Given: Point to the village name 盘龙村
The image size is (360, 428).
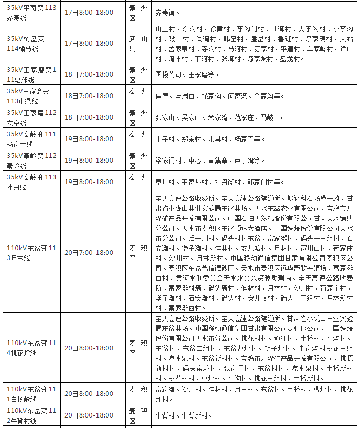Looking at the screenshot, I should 291,59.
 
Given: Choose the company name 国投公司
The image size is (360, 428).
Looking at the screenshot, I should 168,75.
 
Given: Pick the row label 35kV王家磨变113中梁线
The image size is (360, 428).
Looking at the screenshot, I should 31,96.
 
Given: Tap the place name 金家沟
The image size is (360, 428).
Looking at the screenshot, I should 266,97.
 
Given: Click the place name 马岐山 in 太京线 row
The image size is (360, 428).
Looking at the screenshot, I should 272,117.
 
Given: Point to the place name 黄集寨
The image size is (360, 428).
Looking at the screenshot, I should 217,160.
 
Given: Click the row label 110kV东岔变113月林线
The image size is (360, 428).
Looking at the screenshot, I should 31,253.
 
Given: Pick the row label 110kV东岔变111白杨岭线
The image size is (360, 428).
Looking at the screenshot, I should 31,394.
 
